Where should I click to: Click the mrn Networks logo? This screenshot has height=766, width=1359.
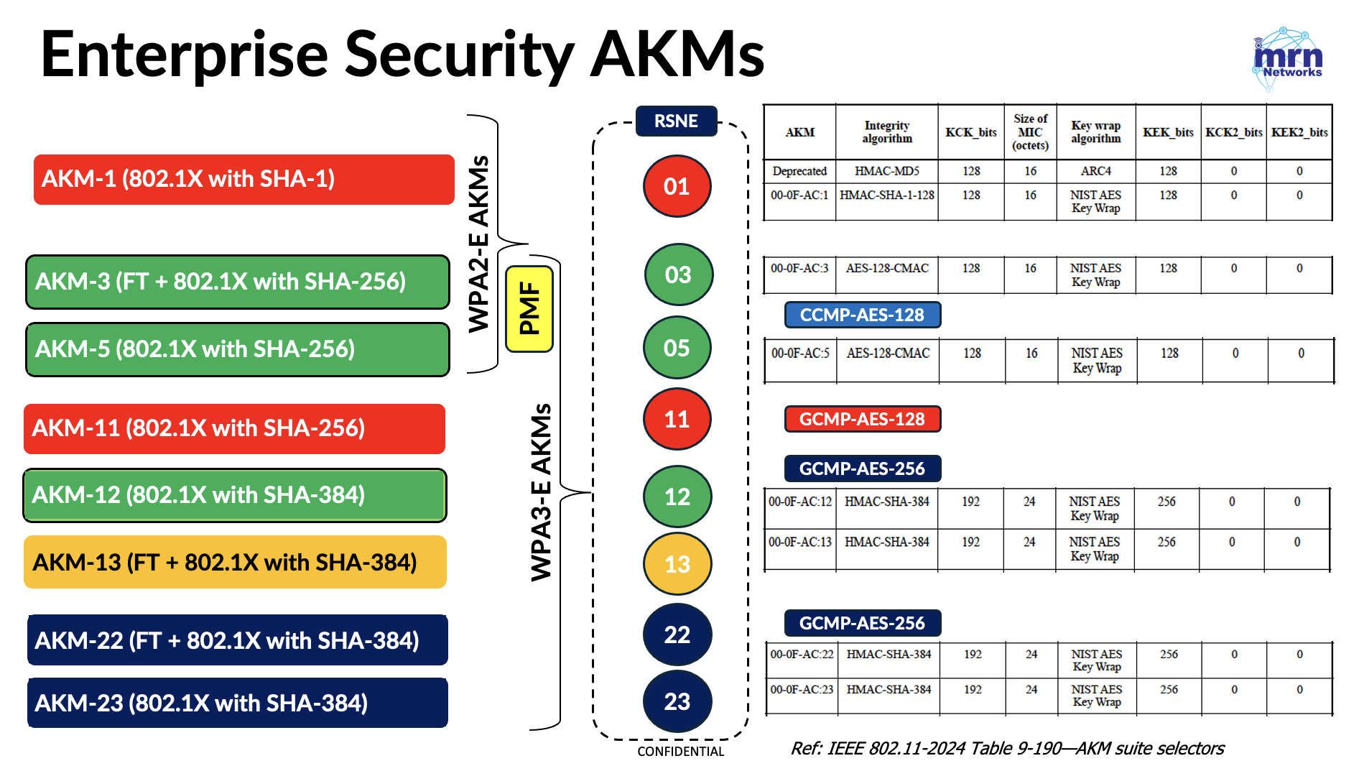pyautogui.click(x=1288, y=59)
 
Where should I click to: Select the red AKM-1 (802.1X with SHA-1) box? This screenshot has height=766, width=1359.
pyautogui.click(x=244, y=179)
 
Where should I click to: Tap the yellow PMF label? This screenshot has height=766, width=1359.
pyautogui.click(x=529, y=309)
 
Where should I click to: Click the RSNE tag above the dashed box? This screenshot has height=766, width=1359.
pyautogui.click(x=676, y=121)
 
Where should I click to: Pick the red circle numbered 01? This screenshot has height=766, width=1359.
pyautogui.click(x=677, y=186)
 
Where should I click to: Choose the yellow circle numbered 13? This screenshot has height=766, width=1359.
pyautogui.click(x=677, y=564)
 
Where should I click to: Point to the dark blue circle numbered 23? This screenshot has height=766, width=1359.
pyautogui.click(x=677, y=701)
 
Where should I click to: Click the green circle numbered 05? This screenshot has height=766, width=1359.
pyautogui.click(x=677, y=348)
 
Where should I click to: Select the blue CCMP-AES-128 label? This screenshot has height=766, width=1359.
pyautogui.click(x=863, y=315)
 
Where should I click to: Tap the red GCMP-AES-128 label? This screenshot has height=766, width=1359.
pyautogui.click(x=863, y=419)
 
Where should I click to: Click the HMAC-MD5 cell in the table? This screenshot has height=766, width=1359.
pyautogui.click(x=887, y=171)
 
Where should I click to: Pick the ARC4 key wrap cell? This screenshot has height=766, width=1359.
pyautogui.click(x=1096, y=171)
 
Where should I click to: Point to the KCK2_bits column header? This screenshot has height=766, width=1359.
pyautogui.click(x=1233, y=132)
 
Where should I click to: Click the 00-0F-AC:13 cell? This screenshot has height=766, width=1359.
pyautogui.click(x=800, y=542)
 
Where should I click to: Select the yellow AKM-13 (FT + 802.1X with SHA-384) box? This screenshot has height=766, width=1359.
pyautogui.click(x=235, y=562)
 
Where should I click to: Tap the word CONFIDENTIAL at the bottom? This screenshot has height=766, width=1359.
pyautogui.click(x=681, y=752)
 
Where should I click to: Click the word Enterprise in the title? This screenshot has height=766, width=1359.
pyautogui.click(x=185, y=55)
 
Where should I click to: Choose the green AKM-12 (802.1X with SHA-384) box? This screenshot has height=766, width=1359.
pyautogui.click(x=235, y=495)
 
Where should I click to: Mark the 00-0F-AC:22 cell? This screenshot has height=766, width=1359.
pyautogui.click(x=802, y=655)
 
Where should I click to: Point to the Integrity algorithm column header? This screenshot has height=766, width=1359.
pyautogui.click(x=887, y=132)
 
